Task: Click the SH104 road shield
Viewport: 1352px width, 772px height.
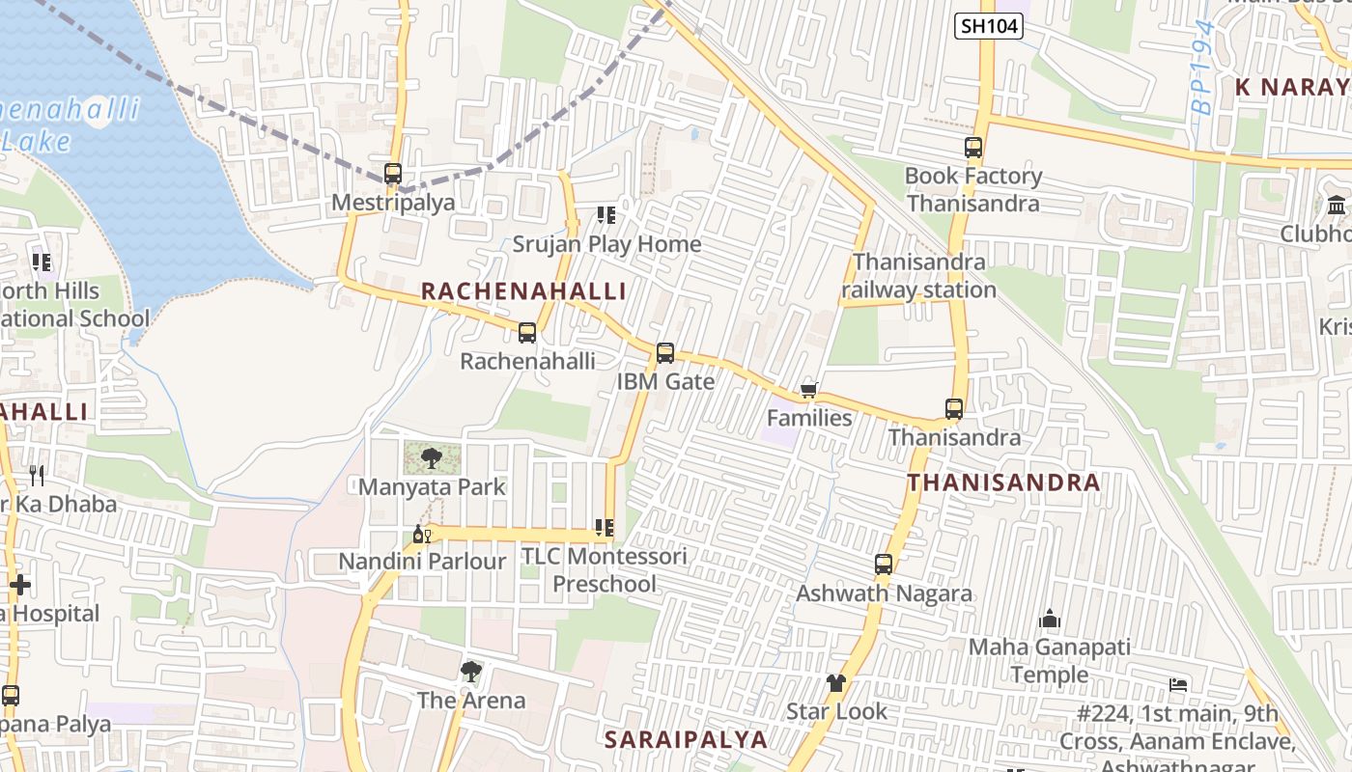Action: point(989,26)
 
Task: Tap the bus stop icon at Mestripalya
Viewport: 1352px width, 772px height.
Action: point(392,174)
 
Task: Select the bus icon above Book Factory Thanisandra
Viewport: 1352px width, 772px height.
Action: point(972,148)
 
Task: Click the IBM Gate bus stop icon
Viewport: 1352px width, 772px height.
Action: point(665,353)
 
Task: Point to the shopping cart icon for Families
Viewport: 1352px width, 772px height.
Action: point(808,390)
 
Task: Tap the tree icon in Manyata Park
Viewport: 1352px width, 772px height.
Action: point(432,458)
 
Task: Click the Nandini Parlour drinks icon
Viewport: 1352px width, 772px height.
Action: point(422,534)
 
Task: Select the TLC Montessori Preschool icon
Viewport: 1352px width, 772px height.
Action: point(605,528)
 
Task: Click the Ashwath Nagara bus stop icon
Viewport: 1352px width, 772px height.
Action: point(884,565)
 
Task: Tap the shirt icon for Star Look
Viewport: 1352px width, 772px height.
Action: point(835,683)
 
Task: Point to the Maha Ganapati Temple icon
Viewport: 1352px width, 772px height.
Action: point(1049,619)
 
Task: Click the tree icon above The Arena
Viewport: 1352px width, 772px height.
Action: point(470,672)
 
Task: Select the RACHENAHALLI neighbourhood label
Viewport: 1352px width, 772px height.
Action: point(523,291)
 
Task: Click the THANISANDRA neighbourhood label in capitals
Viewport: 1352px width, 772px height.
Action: point(1003,482)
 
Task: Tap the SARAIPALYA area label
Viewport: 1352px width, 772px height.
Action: point(686,740)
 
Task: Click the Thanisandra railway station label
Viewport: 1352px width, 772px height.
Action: point(918,276)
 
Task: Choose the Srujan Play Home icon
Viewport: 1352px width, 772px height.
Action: point(606,215)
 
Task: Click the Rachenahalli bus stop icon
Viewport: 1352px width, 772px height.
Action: point(527,333)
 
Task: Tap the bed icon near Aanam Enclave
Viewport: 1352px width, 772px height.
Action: point(1178,685)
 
